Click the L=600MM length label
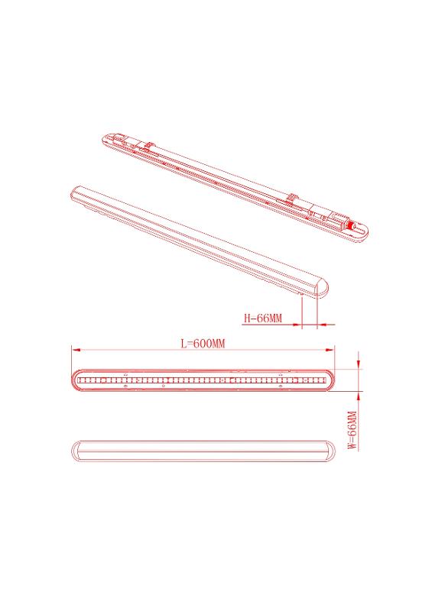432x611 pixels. (203, 344)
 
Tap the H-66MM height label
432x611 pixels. (262, 318)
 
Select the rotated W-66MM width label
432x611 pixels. (352, 431)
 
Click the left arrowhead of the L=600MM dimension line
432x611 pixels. (76, 350)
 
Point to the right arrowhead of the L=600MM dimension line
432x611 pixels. (330, 350)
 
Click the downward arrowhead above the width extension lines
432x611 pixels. (359, 364)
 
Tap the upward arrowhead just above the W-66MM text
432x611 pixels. (359, 396)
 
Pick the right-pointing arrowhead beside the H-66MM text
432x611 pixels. (297, 324)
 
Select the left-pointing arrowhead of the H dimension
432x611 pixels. (322, 324)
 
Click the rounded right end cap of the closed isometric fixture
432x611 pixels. (322, 289)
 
